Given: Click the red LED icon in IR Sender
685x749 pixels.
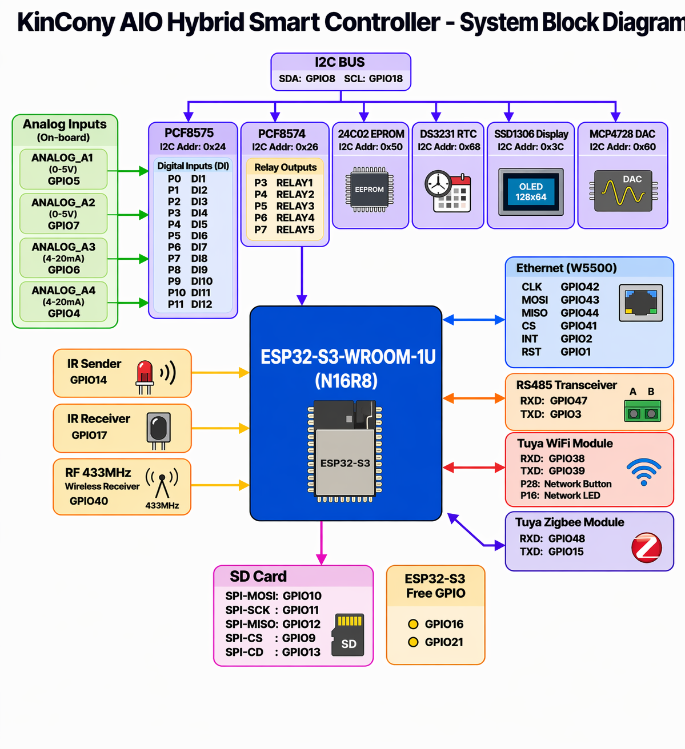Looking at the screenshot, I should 145,374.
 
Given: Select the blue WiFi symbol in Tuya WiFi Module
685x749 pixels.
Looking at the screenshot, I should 644,471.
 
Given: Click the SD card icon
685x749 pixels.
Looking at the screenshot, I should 347,635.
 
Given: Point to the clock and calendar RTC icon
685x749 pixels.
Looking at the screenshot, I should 447,191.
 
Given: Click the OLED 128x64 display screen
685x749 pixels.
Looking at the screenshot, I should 531,192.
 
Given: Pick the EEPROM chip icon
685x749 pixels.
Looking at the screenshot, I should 369,190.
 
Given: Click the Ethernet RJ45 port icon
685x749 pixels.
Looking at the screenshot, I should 641,303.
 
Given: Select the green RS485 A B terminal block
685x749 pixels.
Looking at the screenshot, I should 642,410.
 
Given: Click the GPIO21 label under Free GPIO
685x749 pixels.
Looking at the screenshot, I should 444,642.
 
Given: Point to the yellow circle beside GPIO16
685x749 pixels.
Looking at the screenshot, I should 413,624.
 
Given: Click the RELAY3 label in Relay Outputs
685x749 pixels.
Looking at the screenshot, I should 295,206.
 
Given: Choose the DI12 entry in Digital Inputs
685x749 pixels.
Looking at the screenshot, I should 202,304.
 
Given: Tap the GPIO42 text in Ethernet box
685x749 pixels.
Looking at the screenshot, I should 579,287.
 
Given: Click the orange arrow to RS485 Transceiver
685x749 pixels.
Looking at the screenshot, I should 474,398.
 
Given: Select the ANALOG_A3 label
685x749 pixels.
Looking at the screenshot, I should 63,247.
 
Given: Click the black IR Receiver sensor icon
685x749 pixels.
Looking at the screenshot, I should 158,429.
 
